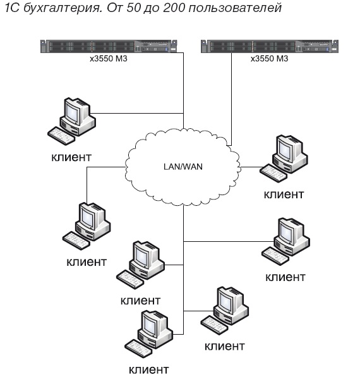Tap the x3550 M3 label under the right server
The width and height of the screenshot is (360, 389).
[268, 59]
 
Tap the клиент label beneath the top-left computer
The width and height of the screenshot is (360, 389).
[71, 155]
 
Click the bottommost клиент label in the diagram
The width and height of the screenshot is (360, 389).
[148, 369]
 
